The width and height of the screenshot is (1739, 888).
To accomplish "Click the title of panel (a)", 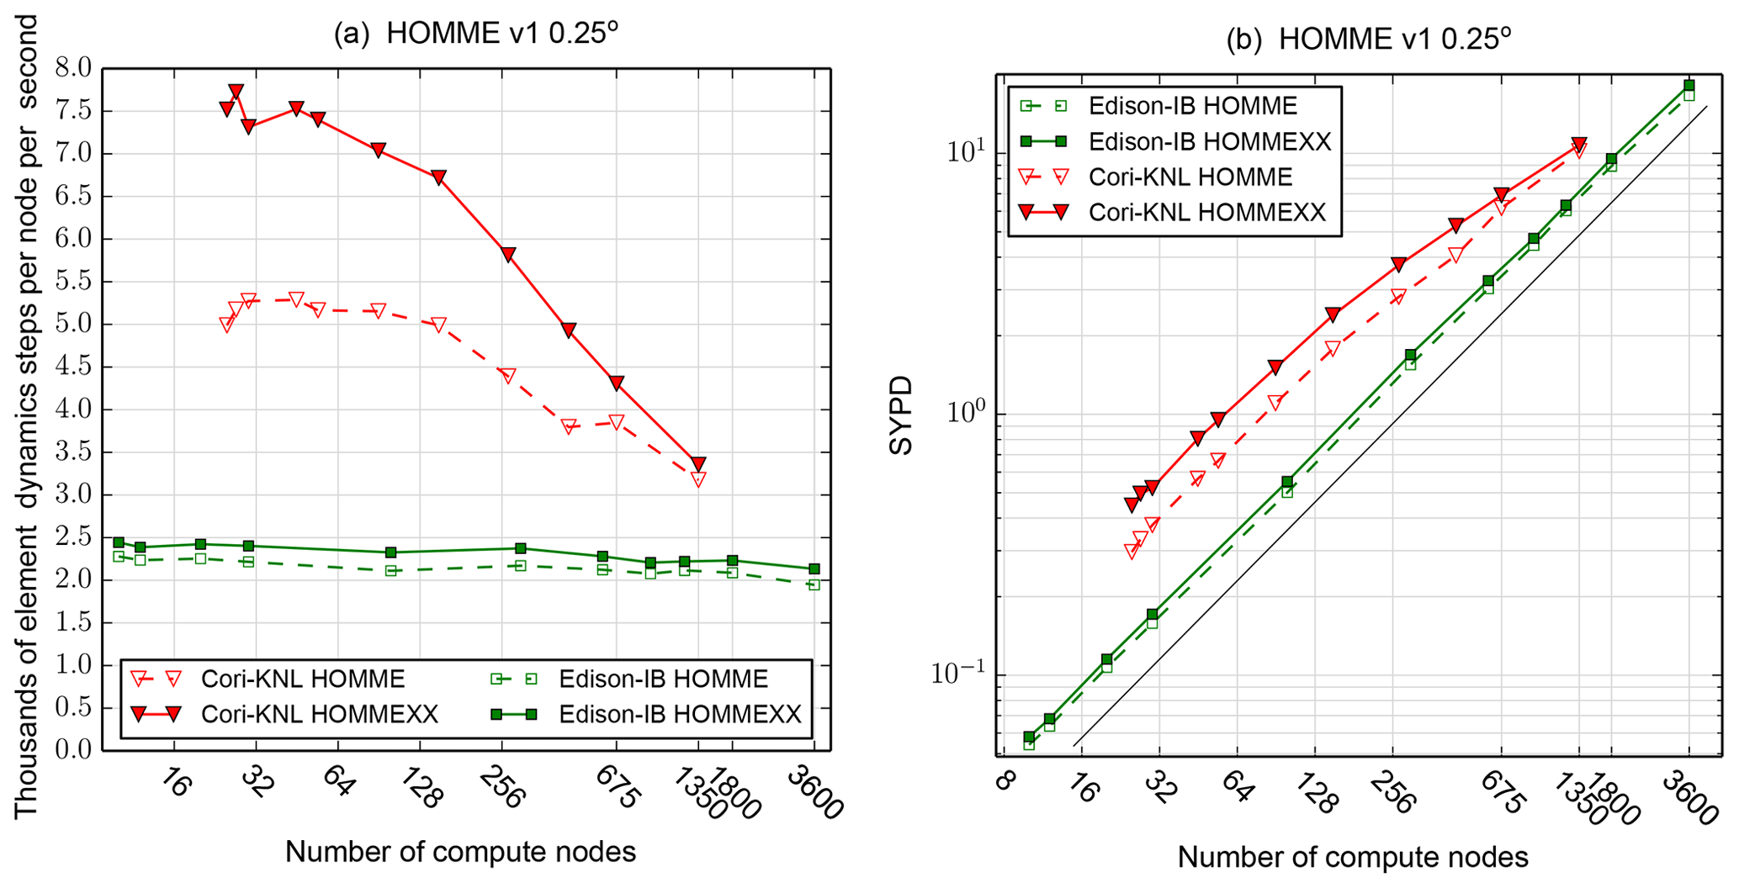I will (x=476, y=34).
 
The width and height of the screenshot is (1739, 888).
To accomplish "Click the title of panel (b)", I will (x=1369, y=40).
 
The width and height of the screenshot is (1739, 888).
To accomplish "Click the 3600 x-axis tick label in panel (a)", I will (x=814, y=794).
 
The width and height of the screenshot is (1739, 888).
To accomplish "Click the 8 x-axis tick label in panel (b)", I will (x=1002, y=781).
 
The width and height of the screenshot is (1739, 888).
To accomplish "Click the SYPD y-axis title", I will (x=901, y=416).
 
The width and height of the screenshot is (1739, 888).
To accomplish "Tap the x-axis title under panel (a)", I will (x=460, y=852).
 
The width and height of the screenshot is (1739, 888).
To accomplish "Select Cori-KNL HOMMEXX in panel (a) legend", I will (x=320, y=714).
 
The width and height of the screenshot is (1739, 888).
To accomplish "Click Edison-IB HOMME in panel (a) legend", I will (x=663, y=679).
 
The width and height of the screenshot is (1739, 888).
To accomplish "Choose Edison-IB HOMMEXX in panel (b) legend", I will (x=1209, y=141).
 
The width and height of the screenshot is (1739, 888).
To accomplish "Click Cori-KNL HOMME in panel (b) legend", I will (x=1190, y=177).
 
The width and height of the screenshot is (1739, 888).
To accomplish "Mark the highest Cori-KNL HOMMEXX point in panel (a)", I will (x=236, y=91).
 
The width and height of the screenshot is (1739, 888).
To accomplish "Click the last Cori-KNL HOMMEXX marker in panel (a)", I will (x=697, y=463).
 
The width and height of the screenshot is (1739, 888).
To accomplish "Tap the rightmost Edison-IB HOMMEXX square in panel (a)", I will (x=814, y=569).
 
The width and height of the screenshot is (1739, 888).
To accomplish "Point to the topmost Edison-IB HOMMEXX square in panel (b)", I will (x=1689, y=86).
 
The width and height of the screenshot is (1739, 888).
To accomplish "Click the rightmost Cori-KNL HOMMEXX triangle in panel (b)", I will (x=1579, y=145).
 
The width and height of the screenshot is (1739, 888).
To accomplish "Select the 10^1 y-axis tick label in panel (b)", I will (x=964, y=153).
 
